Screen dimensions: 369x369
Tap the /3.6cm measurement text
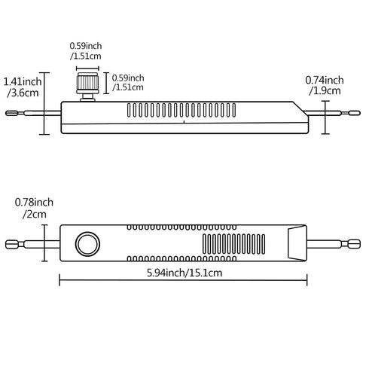20,93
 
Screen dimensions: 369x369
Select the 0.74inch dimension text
325,80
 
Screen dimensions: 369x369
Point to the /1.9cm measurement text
325,90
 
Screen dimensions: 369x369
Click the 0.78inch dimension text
34,202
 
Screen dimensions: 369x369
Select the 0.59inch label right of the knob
127,77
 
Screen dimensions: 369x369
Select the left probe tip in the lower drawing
14,244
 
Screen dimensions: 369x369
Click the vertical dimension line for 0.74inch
326,114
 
